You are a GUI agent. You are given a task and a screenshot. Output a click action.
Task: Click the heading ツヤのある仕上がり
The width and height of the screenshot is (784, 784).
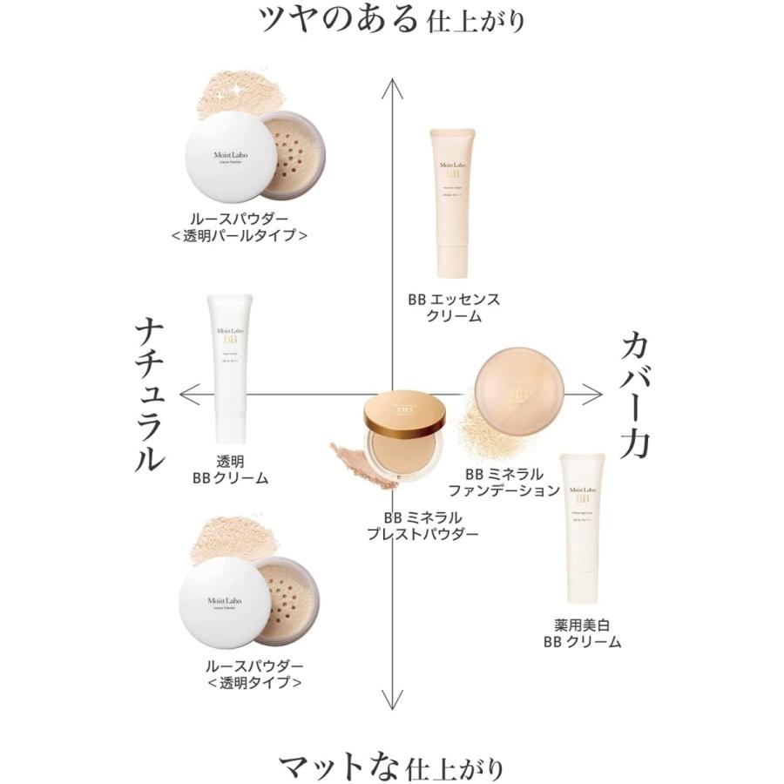[x=392, y=19]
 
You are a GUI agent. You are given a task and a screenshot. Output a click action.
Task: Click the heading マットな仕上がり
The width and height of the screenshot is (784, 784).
[x=392, y=767]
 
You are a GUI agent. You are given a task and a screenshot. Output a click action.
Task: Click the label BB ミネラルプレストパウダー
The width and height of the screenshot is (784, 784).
[x=422, y=526]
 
